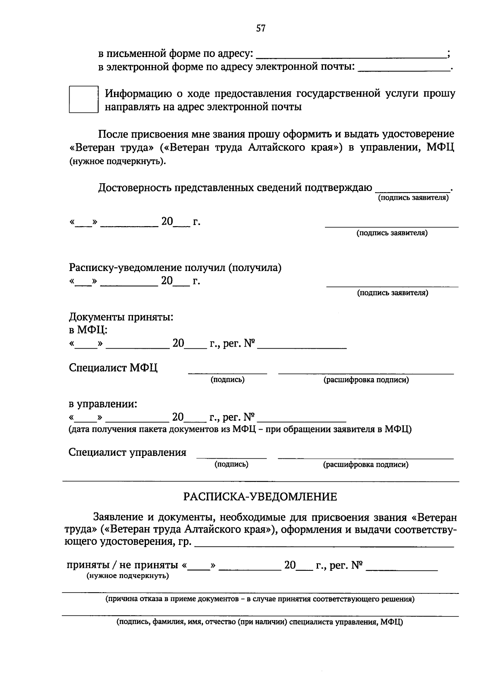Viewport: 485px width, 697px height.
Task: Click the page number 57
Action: (x=261, y=28)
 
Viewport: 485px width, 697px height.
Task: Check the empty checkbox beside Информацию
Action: (x=84, y=99)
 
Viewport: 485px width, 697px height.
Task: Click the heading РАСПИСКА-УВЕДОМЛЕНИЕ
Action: (x=260, y=497)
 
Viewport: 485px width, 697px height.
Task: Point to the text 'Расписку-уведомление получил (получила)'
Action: (x=175, y=268)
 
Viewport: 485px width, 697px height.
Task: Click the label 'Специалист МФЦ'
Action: (x=113, y=368)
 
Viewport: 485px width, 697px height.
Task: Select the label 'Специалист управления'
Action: (x=127, y=452)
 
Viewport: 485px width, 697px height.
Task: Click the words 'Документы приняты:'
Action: (x=121, y=317)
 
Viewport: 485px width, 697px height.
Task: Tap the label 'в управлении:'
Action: (x=103, y=404)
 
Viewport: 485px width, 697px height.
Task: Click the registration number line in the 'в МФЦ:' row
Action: (x=302, y=347)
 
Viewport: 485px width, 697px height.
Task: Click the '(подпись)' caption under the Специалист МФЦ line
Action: (x=227, y=380)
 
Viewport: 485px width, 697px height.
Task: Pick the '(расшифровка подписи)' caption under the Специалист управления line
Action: (x=365, y=464)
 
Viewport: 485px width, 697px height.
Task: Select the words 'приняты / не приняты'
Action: (x=122, y=565)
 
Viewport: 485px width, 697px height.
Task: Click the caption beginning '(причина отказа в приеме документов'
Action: (x=260, y=599)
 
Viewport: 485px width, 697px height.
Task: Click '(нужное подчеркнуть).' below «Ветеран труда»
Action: (x=117, y=161)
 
